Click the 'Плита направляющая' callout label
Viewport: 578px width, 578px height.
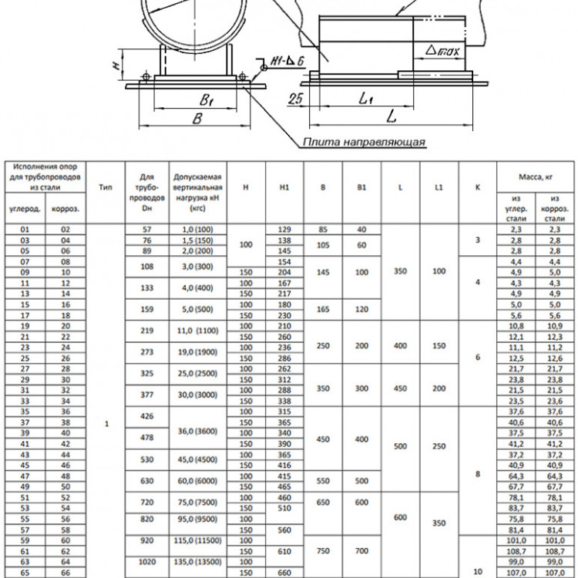click(x=365, y=142)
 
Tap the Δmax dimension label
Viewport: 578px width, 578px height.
click(x=442, y=50)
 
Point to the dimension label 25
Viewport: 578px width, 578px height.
click(x=296, y=99)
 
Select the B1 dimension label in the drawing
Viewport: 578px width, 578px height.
click(x=207, y=99)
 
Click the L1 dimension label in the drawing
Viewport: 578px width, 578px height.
click(x=366, y=98)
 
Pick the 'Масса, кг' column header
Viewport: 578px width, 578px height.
click(x=536, y=177)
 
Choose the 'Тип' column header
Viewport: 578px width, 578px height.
click(x=106, y=187)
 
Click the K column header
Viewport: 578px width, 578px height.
click(x=477, y=187)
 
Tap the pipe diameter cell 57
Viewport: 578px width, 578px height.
click(x=146, y=230)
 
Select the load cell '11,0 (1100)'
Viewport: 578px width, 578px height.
click(x=197, y=331)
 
